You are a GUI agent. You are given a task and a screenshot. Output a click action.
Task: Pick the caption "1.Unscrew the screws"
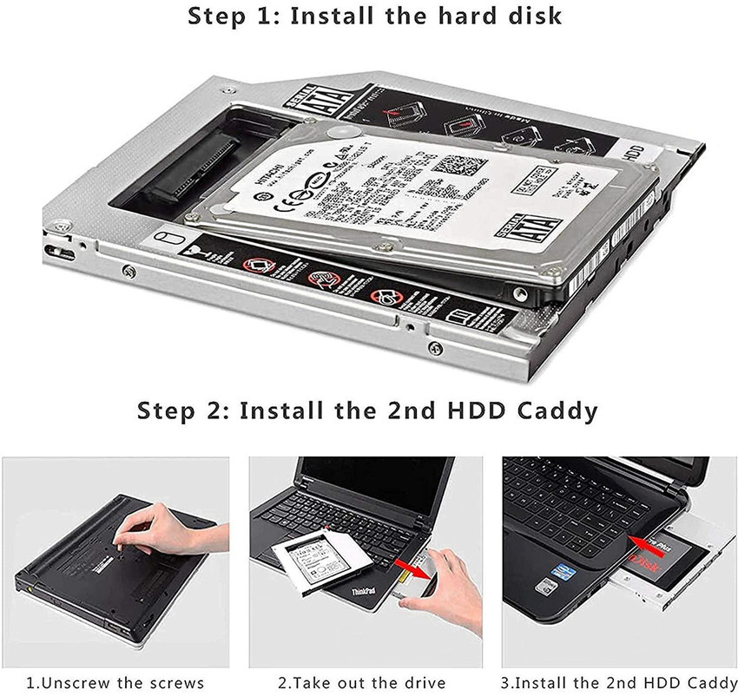point(115,682)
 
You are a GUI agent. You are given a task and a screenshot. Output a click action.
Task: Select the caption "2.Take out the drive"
point(362,682)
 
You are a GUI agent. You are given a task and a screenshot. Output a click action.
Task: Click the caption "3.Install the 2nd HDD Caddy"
point(618,682)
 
